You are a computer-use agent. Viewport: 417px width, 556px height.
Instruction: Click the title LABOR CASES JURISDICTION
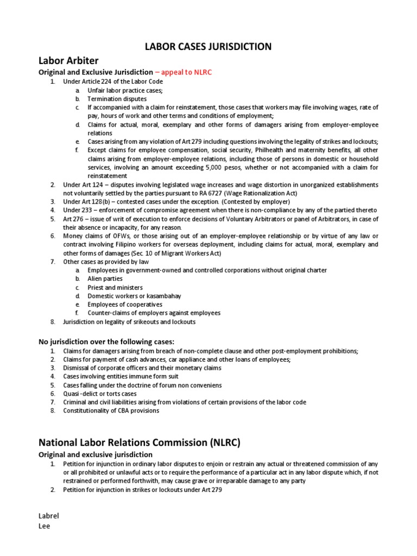coord(208,47)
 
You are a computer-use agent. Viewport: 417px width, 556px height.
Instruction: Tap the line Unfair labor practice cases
coord(125,90)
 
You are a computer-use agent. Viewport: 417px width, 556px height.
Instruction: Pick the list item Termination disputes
coord(117,99)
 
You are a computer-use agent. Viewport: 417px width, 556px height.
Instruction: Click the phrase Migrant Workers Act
coord(195,253)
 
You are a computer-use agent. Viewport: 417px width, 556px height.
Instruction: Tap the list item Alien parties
coord(105,279)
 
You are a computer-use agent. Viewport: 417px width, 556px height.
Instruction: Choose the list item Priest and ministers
coord(115,287)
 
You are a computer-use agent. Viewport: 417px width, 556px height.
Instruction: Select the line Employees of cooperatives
coord(124,304)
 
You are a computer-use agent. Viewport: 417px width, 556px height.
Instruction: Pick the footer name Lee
coord(43,526)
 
